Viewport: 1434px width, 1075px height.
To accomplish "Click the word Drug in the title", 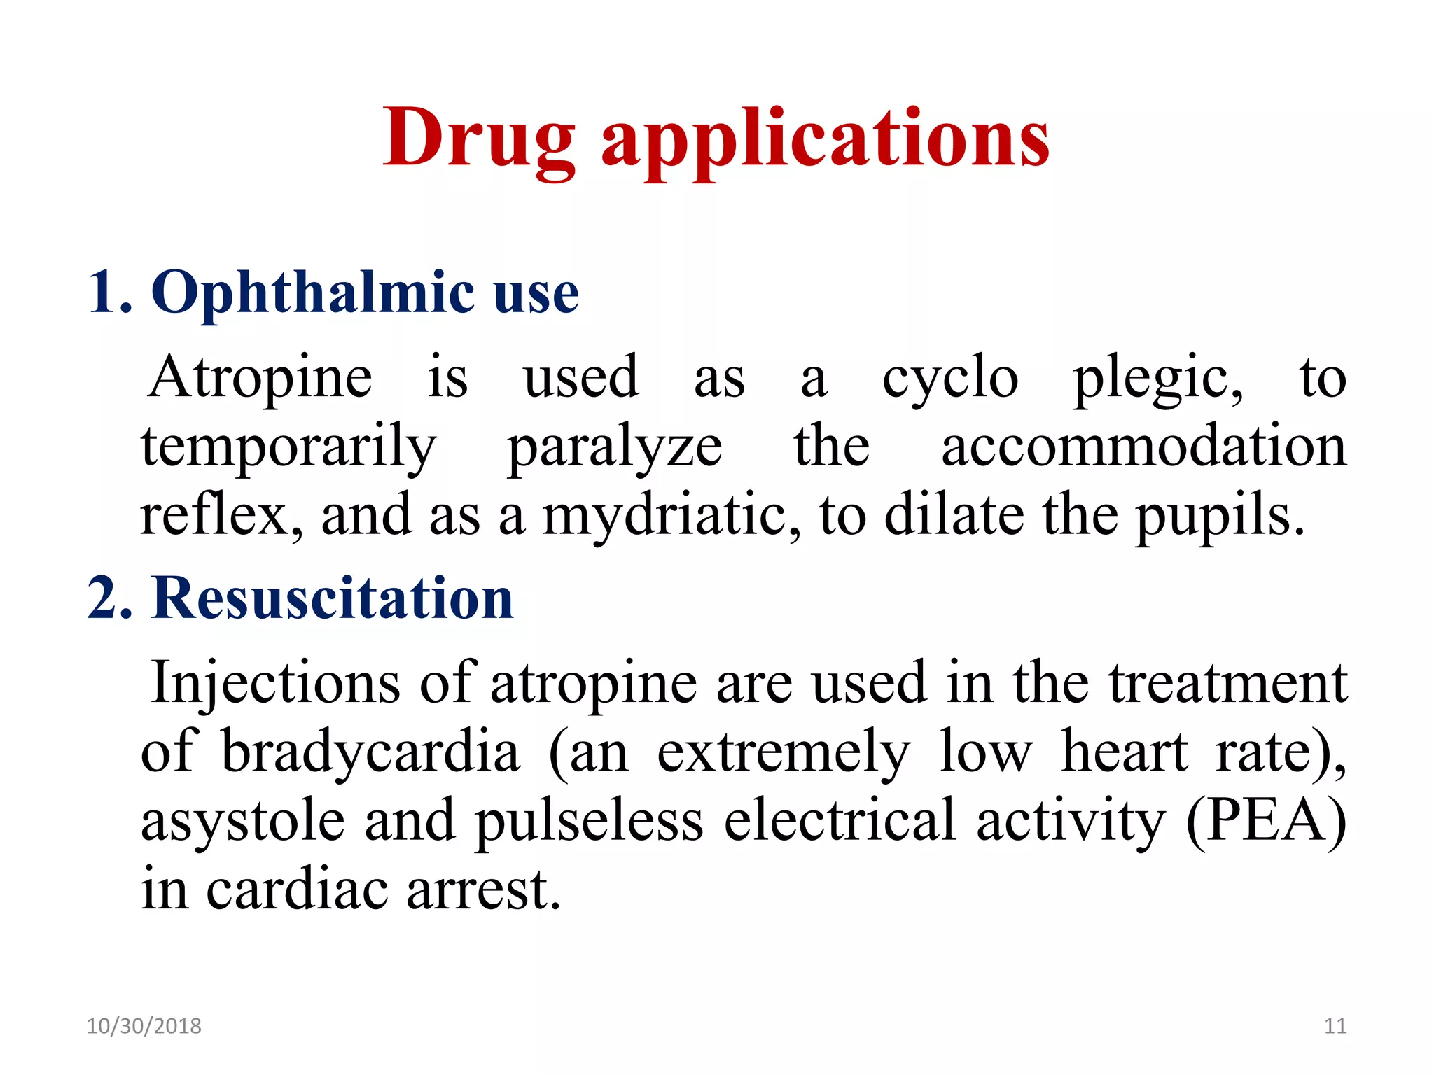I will pyautogui.click(x=479, y=138).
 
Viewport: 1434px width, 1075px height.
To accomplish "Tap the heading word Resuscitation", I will pyautogui.click(x=332, y=599).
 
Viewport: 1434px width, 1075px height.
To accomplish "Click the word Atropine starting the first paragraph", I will pyautogui.click(x=260, y=378).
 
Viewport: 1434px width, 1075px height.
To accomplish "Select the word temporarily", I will pyautogui.click(x=288, y=448).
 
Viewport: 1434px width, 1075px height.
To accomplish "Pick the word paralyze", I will pyautogui.click(x=614, y=448).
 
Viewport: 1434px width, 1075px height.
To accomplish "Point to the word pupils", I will pyautogui.click(x=1220, y=517).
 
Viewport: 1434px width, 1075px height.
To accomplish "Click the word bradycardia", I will pyautogui.click(x=370, y=752).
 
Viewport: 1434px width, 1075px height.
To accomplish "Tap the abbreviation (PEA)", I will pyautogui.click(x=1266, y=820).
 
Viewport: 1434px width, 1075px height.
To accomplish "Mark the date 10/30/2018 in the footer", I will pyautogui.click(x=144, y=1026).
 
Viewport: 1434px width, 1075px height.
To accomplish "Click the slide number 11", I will pyautogui.click(x=1335, y=1026).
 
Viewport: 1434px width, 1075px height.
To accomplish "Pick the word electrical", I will pyautogui.click(x=840, y=820).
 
